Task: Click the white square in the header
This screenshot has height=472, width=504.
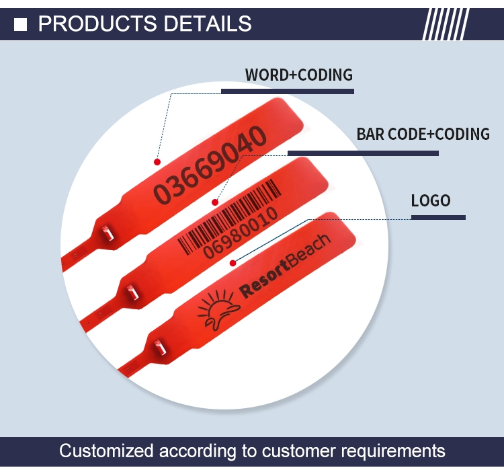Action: [21, 25]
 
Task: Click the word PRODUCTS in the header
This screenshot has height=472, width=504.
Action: [97, 24]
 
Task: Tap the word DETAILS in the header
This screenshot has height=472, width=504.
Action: [208, 24]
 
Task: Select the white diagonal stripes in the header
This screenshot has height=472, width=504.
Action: [446, 24]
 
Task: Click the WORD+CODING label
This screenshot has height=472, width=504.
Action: [299, 75]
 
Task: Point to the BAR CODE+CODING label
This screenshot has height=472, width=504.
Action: [423, 134]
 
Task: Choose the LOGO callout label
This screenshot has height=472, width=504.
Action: [431, 200]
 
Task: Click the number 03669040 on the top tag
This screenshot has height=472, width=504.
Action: [210, 165]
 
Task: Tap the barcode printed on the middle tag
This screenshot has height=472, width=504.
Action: [230, 217]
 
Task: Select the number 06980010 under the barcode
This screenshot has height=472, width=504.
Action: [241, 233]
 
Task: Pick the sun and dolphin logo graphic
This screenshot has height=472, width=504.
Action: [218, 309]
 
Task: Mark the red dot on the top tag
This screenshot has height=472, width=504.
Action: [157, 162]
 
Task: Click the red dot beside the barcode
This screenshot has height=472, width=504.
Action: [215, 202]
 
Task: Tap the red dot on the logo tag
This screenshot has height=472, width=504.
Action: [233, 263]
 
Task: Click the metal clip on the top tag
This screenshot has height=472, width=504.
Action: [108, 233]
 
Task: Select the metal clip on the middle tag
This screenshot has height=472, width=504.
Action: [132, 292]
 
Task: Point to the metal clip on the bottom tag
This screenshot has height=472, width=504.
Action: [159, 348]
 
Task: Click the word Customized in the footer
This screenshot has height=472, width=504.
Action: [106, 450]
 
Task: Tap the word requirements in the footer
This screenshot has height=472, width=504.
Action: [393, 451]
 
